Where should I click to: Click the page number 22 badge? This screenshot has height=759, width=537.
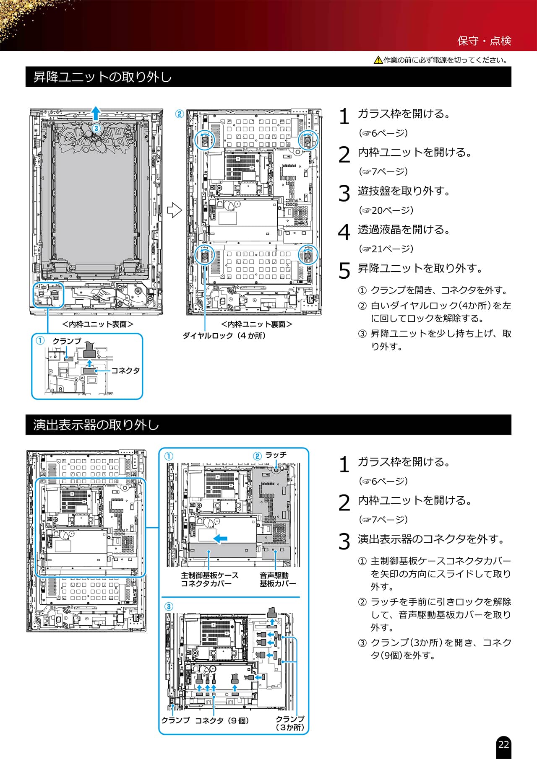click(x=503, y=744)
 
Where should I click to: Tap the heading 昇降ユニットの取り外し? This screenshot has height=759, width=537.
click(x=102, y=77)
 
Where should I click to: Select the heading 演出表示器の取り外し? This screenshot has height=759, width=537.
click(x=96, y=425)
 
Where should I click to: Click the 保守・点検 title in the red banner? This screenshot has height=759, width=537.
click(x=484, y=41)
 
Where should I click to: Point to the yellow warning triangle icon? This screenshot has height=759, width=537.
click(x=378, y=60)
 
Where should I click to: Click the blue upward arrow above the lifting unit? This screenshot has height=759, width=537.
click(x=96, y=113)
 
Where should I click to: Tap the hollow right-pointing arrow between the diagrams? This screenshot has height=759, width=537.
click(x=174, y=210)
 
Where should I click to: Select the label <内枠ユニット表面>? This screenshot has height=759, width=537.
click(x=98, y=324)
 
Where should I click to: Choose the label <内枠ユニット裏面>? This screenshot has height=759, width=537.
click(x=256, y=324)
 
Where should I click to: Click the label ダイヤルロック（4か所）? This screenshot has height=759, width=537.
click(x=224, y=335)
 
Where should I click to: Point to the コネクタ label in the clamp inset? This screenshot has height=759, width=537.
click(x=125, y=370)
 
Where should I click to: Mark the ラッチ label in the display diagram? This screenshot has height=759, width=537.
click(x=276, y=455)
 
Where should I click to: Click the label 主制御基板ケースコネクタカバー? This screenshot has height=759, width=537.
click(x=210, y=579)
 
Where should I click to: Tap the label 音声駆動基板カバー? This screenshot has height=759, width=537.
click(x=277, y=579)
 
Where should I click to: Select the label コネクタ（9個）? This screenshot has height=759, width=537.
click(x=222, y=720)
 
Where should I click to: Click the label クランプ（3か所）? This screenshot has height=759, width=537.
click(x=290, y=723)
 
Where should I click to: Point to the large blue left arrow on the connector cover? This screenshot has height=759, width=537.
click(x=220, y=538)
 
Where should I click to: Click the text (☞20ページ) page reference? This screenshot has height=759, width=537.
click(x=386, y=210)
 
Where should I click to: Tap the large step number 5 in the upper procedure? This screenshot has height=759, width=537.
click(x=344, y=270)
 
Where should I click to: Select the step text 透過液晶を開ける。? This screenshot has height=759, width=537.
click(x=404, y=230)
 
